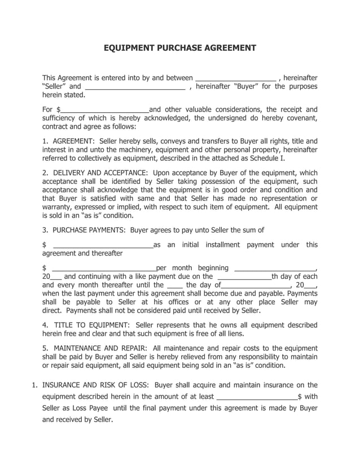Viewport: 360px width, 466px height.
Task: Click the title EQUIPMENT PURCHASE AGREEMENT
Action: (x=179, y=48)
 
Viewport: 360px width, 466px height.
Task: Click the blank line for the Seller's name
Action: (x=235, y=78)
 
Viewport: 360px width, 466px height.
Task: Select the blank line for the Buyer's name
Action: (x=135, y=87)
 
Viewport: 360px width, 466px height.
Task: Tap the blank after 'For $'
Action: (x=104, y=110)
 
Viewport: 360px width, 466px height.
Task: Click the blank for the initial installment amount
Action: (x=102, y=245)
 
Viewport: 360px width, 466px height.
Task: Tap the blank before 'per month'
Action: (x=104, y=269)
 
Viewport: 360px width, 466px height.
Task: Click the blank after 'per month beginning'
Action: (x=274, y=269)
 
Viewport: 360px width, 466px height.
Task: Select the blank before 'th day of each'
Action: (x=244, y=277)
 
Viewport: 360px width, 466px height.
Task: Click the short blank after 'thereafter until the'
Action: (x=175, y=286)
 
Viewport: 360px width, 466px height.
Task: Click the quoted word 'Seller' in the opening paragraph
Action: (x=55, y=86)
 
